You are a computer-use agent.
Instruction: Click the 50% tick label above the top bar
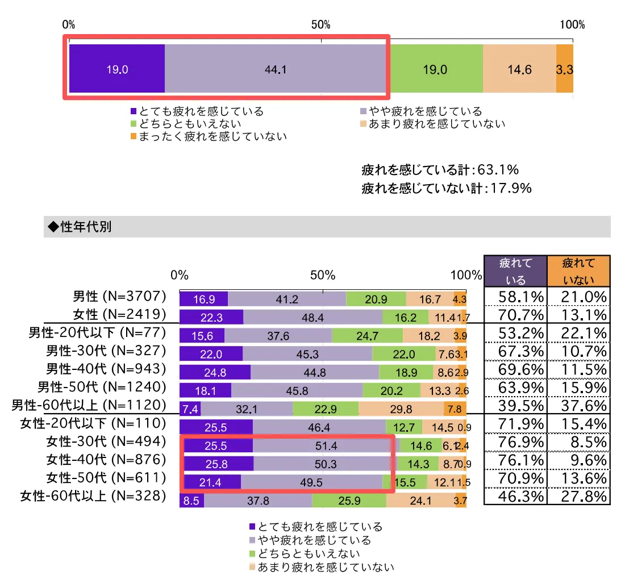(x=321, y=25)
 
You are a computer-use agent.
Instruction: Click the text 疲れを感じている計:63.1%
(x=440, y=170)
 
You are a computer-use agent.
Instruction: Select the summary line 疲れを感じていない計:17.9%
(x=447, y=188)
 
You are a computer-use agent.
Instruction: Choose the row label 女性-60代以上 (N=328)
(x=93, y=496)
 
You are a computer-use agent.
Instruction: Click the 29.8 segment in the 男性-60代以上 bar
(x=401, y=409)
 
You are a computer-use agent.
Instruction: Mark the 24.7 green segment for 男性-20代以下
(x=367, y=336)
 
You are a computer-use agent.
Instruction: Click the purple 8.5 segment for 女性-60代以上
(x=191, y=501)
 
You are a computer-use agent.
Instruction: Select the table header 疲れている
(x=515, y=270)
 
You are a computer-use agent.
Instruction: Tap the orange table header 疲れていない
(x=578, y=270)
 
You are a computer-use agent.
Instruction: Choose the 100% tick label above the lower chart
(x=465, y=275)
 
